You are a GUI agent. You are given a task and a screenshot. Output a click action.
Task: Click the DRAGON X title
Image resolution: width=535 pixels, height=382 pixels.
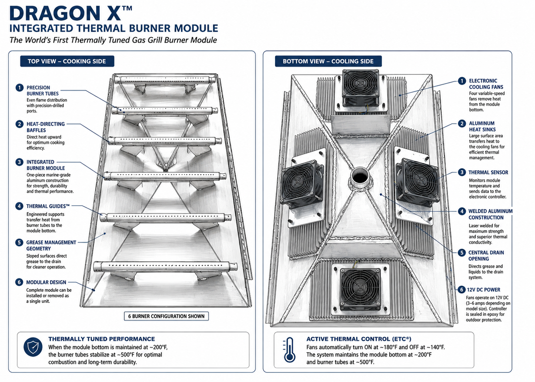tap(71, 13)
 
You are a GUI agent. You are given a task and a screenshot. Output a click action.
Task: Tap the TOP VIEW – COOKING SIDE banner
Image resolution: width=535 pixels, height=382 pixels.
tap(67, 61)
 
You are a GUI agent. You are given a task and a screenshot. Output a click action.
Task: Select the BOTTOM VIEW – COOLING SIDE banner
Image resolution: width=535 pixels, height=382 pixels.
tap(328, 61)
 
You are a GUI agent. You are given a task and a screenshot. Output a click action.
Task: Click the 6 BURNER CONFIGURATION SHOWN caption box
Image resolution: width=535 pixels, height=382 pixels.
tap(166, 316)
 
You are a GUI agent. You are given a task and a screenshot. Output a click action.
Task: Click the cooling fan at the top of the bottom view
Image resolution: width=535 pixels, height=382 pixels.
tap(361, 88)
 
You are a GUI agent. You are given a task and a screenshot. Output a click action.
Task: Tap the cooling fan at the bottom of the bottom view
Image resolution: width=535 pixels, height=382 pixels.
tap(360, 288)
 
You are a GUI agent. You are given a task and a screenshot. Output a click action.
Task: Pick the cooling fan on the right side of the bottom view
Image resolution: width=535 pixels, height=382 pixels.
tap(417, 183)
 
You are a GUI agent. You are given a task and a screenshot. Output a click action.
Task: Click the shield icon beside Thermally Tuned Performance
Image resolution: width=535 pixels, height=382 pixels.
tap(33, 347)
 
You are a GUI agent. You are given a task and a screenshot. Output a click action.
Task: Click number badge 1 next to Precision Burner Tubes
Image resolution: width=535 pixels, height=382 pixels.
tap(19, 88)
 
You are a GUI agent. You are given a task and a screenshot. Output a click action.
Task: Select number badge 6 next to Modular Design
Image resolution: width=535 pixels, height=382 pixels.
tap(19, 282)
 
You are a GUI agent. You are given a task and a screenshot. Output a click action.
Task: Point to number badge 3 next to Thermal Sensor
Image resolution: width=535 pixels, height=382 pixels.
tap(462, 172)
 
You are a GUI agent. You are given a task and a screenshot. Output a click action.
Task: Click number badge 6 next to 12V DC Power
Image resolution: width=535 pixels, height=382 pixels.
tap(461, 289)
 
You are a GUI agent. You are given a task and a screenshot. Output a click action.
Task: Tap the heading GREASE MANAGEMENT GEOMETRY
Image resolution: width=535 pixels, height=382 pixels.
tap(51, 245)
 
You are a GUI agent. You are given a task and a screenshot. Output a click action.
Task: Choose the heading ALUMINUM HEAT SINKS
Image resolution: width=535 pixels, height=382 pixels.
tap(482, 126)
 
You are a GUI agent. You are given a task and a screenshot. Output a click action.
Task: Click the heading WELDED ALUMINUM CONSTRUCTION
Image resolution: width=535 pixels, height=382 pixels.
tap(490, 214)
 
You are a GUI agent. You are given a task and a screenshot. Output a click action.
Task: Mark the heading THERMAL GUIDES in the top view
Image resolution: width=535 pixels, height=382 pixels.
tap(48, 206)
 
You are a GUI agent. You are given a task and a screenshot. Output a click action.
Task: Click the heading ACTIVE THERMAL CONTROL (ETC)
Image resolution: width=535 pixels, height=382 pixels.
tap(359, 339)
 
